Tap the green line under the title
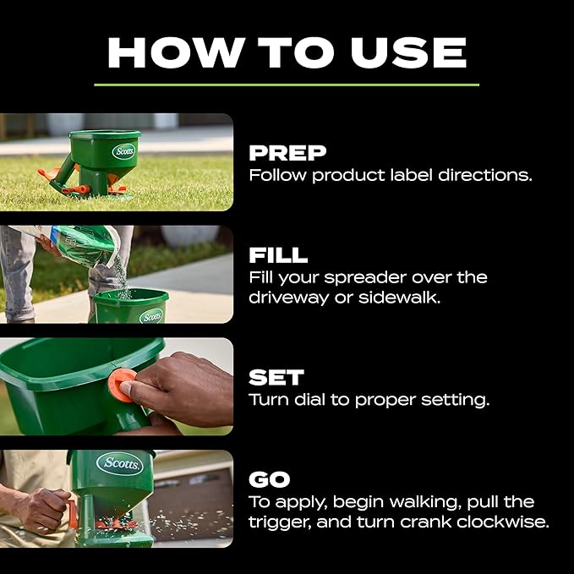[287, 85]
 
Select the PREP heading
[287, 153]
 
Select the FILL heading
[278, 254]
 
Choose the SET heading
[276, 376]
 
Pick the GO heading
[270, 479]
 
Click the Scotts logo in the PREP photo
[124, 151]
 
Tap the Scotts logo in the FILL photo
[151, 316]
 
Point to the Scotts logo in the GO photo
[119, 463]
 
